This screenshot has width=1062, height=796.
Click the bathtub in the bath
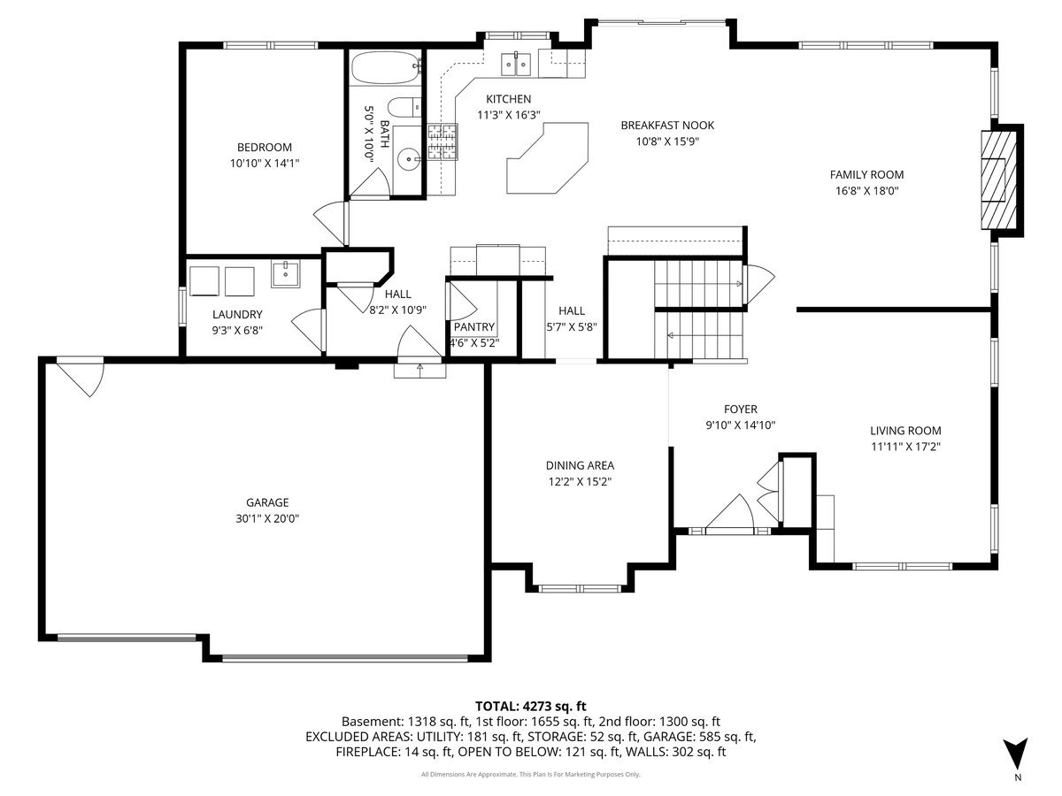coord(386,68)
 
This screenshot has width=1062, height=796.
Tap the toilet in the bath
coord(404,106)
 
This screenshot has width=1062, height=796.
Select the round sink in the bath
coord(410,158)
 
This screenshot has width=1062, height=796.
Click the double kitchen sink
coord(516,65)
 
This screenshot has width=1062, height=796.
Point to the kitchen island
coord(547,158)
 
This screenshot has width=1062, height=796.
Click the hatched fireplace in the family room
coord(998,180)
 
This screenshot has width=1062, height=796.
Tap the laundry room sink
coord(285,274)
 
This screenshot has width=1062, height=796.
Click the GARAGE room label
coord(267,502)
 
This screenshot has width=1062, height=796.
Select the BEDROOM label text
coord(264,147)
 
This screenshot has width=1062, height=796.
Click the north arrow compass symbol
coord(1014,752)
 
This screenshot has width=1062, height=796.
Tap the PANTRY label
coord(473,327)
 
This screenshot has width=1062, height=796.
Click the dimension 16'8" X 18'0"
coord(866,191)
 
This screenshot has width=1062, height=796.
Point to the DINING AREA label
coord(580,465)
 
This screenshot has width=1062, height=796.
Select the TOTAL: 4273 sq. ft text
coord(531,707)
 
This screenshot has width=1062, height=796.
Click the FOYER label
coord(740,409)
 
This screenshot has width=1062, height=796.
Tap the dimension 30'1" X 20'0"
coord(267,519)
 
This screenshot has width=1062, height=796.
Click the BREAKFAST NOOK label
coord(667,126)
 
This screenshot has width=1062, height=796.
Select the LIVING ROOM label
coord(905,431)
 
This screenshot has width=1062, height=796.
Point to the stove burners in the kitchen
coord(442,142)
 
